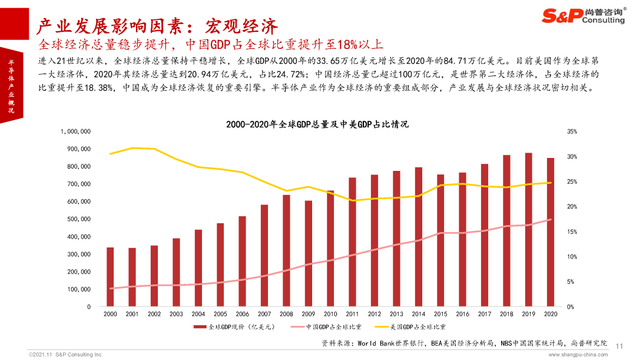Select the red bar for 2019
(528, 230)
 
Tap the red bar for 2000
(110, 277)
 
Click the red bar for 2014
(418, 237)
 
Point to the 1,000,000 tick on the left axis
(76, 131)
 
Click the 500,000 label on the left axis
(79, 219)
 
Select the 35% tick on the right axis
(572, 131)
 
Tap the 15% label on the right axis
(572, 232)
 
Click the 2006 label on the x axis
(242, 314)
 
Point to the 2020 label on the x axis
(551, 314)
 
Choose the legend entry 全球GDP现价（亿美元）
(234, 327)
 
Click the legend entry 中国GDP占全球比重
(326, 327)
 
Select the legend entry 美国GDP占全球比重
(410, 327)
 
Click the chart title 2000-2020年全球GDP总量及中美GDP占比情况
(317, 124)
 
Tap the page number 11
(619, 346)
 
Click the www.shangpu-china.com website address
(578, 355)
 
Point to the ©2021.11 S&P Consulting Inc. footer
(66, 355)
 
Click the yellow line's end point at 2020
(551, 183)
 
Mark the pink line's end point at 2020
(551, 220)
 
